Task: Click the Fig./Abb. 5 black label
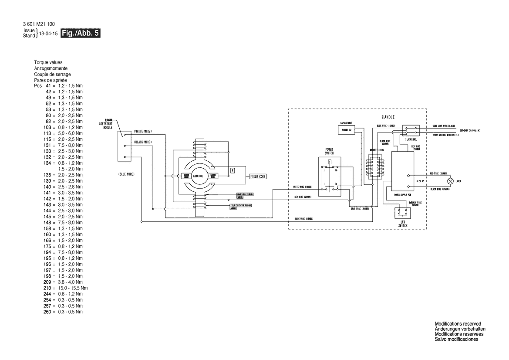(x=81, y=33)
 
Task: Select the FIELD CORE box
(x=257, y=177)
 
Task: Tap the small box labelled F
(x=232, y=170)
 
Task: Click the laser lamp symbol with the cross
(x=451, y=180)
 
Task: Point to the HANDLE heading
(x=388, y=117)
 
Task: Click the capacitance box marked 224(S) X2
(x=347, y=130)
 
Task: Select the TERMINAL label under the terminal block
(x=410, y=139)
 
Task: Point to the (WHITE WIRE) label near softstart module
(x=142, y=131)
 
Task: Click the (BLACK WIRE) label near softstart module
(x=142, y=142)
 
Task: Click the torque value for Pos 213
(x=73, y=288)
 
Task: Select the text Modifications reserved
(x=458, y=323)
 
